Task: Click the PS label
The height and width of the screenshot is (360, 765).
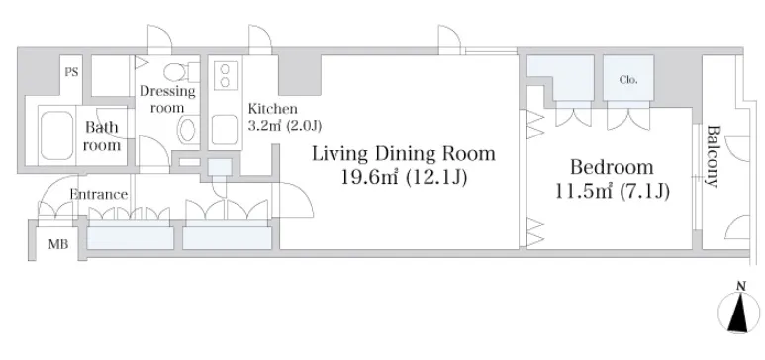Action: tap(71, 72)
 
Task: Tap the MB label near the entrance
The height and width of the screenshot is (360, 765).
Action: tap(58, 244)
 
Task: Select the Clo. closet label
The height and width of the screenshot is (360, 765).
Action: tap(628, 80)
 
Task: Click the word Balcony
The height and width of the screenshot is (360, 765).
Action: tap(714, 156)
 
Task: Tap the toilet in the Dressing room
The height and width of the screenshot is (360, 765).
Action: tap(179, 72)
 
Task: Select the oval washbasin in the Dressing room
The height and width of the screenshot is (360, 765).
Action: tap(187, 131)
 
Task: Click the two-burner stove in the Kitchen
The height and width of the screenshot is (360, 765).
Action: tap(225, 75)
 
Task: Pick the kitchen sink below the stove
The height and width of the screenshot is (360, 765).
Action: tap(225, 130)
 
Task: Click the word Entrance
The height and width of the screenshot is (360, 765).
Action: tap(99, 194)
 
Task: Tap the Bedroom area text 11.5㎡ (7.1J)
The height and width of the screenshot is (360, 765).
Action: tap(612, 191)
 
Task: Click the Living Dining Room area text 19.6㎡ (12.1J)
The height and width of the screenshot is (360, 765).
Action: tap(404, 178)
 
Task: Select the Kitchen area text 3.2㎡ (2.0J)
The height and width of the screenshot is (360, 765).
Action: tap(285, 126)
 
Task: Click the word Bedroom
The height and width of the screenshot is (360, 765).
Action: tap(612, 167)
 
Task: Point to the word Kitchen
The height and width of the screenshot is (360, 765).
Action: tap(272, 108)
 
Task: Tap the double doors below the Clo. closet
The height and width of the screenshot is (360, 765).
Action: tap(628, 118)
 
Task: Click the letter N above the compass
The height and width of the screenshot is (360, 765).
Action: tap(740, 287)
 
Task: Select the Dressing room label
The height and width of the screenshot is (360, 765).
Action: tap(167, 99)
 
